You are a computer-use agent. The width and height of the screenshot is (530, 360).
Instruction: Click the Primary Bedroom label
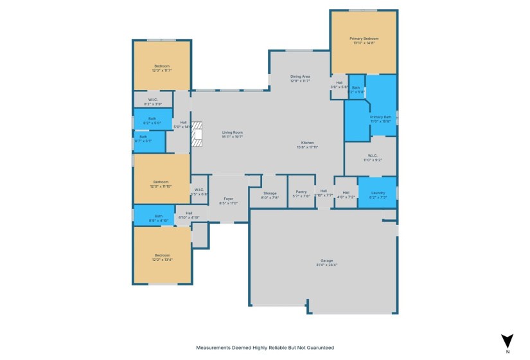coord(364,39)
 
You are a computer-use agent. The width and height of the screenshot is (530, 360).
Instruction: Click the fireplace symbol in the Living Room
coord(197,135)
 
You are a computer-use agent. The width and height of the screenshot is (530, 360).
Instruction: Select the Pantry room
coord(301,194)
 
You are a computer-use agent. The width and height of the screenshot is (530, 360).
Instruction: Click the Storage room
coord(270,195)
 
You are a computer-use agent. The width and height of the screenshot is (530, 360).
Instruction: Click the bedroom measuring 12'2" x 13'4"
coord(162,256)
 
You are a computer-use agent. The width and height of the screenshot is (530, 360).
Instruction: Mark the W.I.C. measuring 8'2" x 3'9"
coord(153,101)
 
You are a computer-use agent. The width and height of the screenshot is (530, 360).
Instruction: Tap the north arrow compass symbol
coord(508,341)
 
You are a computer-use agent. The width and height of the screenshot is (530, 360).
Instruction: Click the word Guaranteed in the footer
coord(314,347)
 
